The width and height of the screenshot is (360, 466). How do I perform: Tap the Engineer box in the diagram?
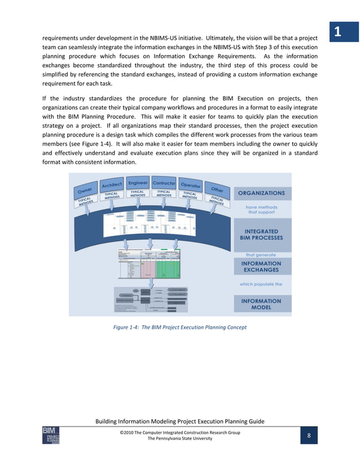pyautogui.click(x=138, y=183)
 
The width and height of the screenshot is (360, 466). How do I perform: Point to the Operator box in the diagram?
pyautogui.click(x=190, y=185)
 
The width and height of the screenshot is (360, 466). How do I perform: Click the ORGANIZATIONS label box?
pyautogui.click(x=261, y=193)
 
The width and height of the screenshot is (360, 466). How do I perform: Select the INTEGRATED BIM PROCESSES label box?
pyautogui.click(x=261, y=234)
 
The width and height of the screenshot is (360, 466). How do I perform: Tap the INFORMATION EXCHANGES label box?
pyautogui.click(x=261, y=266)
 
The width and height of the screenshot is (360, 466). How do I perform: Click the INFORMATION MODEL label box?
pyautogui.click(x=261, y=304)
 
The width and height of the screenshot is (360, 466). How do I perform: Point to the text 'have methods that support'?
pyautogui.click(x=261, y=209)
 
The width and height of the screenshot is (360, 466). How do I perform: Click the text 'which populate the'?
pyautogui.click(x=261, y=284)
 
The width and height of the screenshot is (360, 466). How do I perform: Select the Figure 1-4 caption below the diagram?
pyautogui.click(x=180, y=327)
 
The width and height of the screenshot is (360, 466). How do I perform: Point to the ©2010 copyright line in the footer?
pyautogui.click(x=180, y=432)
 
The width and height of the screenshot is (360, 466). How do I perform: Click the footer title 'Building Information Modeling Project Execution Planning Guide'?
pyautogui.click(x=180, y=421)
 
